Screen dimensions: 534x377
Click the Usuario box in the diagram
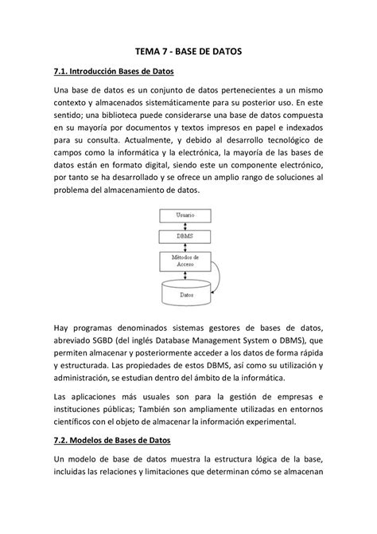click(x=186, y=215)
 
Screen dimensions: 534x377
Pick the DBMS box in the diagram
click(x=186, y=236)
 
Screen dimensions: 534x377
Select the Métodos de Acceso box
click(x=186, y=261)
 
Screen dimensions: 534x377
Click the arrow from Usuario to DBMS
click(x=186, y=226)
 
